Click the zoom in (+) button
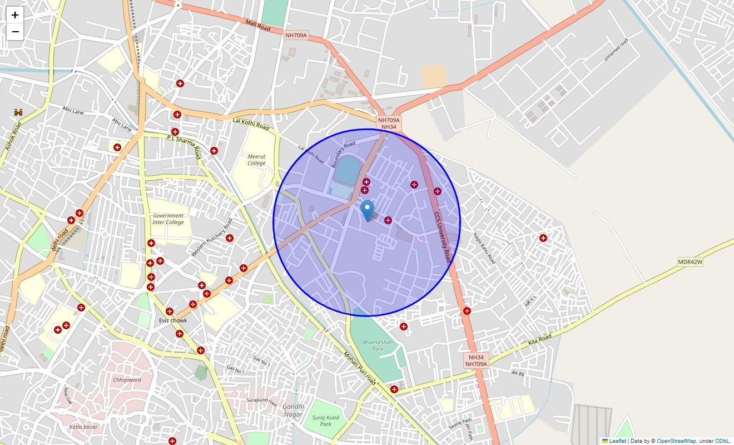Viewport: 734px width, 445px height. coord(15,15)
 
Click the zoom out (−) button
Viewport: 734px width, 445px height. coord(15,32)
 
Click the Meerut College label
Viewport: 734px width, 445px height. coord(256,160)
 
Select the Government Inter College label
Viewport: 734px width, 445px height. coord(168,219)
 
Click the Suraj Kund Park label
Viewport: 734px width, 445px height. coord(325,421)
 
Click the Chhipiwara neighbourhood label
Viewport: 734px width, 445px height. coord(127,380)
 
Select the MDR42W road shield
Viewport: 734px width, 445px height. coord(690,262)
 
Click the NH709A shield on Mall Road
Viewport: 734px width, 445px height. coord(296,35)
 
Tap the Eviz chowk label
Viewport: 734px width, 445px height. coord(173,320)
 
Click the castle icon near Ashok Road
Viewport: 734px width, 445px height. coord(18,113)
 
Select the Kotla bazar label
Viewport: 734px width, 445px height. coord(83,427)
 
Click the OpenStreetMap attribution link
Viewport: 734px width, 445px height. coord(676,441)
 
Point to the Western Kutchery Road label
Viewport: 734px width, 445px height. coord(212,238)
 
